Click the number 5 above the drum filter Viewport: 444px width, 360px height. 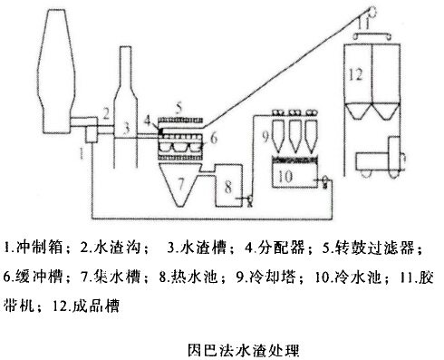(179, 108)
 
